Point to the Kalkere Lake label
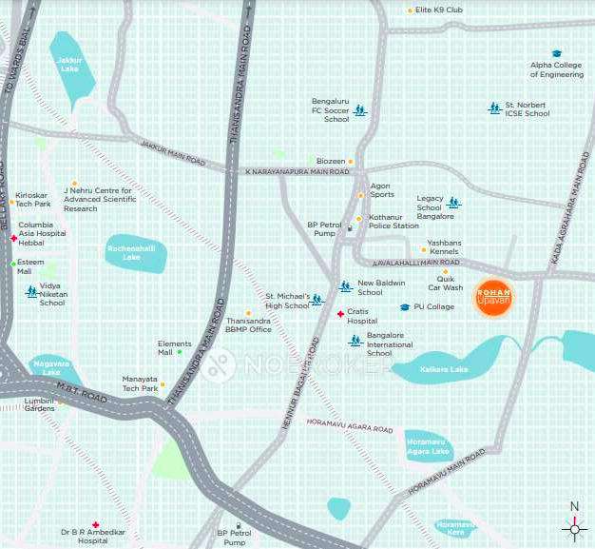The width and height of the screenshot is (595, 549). click(x=444, y=368)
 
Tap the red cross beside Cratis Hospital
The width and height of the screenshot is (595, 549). click(x=340, y=313)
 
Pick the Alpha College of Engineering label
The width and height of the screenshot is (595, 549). click(x=556, y=69)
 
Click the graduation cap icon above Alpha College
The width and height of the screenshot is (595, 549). click(x=556, y=53)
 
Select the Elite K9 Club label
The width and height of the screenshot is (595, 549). click(x=439, y=10)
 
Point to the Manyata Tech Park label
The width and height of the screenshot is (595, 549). click(x=140, y=383)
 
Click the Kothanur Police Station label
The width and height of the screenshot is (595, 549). click(x=393, y=222)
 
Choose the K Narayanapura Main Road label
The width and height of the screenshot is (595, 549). click(x=297, y=171)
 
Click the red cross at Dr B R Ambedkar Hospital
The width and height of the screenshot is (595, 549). click(x=95, y=524)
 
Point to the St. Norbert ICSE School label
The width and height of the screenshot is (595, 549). click(x=527, y=109)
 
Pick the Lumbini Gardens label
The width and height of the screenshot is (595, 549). click(x=39, y=404)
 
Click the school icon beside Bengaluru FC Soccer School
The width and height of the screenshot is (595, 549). click(x=359, y=111)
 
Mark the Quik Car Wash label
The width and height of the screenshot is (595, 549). click(x=445, y=284)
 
